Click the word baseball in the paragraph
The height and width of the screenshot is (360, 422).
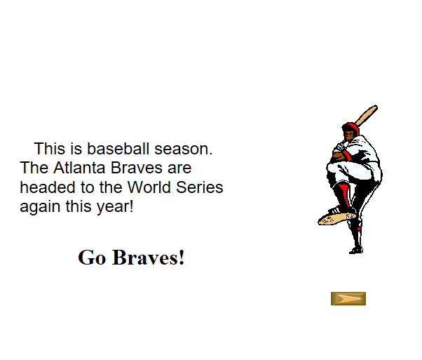[118, 149]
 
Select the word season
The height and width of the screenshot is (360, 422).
[183, 149]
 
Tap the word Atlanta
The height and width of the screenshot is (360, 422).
[79, 168]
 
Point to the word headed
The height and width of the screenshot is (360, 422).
[48, 187]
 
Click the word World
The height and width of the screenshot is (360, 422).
[149, 187]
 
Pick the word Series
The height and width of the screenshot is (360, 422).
[199, 187]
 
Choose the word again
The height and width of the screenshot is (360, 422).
[40, 207]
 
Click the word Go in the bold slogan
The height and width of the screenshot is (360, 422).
[92, 258]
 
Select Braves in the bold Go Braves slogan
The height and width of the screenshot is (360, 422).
[149, 258]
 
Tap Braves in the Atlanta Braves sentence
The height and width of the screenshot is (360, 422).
[137, 168]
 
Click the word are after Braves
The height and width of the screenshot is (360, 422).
[179, 168]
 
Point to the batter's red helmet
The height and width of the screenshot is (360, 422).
[351, 127]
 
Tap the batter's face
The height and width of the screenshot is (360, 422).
[348, 135]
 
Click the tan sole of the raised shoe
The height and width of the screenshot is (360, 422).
[336, 218]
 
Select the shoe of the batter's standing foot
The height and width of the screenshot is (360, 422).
[356, 251]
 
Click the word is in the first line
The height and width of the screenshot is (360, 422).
[76, 149]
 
